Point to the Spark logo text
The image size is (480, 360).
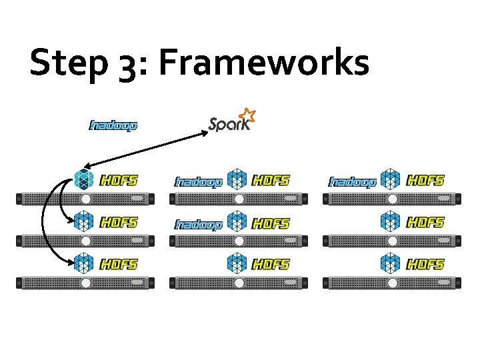229,124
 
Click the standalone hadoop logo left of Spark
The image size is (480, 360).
113,125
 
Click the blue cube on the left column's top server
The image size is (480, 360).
84,179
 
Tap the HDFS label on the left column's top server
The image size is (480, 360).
119,180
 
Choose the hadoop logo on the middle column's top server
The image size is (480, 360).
198,181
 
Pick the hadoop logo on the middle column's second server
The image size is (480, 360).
198,225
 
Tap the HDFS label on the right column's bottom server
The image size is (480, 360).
425,265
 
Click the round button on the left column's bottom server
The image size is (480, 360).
85,283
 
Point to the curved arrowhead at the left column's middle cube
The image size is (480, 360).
72,219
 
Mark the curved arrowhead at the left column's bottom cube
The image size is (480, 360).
71,263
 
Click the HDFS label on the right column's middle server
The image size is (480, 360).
425,222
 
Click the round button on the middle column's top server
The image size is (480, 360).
239,199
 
